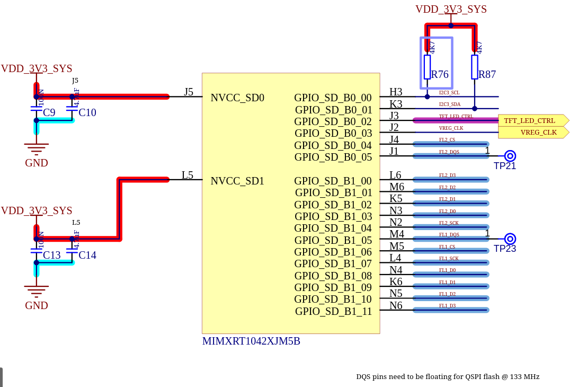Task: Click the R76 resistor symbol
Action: (x=427, y=67)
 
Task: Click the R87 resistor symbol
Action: (x=475, y=67)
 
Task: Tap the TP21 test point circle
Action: (x=510, y=156)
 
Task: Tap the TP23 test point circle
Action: (x=510, y=239)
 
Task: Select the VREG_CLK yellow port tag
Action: (x=535, y=133)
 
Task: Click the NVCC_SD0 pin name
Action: (x=237, y=98)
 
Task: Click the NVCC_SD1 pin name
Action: (x=237, y=181)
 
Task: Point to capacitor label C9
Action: (x=49, y=113)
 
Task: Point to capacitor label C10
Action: (x=87, y=113)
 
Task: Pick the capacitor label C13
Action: (x=52, y=256)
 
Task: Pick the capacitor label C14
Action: (x=87, y=256)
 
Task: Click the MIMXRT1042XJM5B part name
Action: (x=251, y=341)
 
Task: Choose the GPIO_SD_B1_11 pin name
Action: (x=334, y=312)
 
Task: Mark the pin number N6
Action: (x=396, y=306)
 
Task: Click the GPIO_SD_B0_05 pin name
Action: (x=333, y=157)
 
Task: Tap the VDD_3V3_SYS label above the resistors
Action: (x=451, y=10)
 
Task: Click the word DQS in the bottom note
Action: (x=363, y=377)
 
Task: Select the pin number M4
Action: (x=397, y=234)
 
